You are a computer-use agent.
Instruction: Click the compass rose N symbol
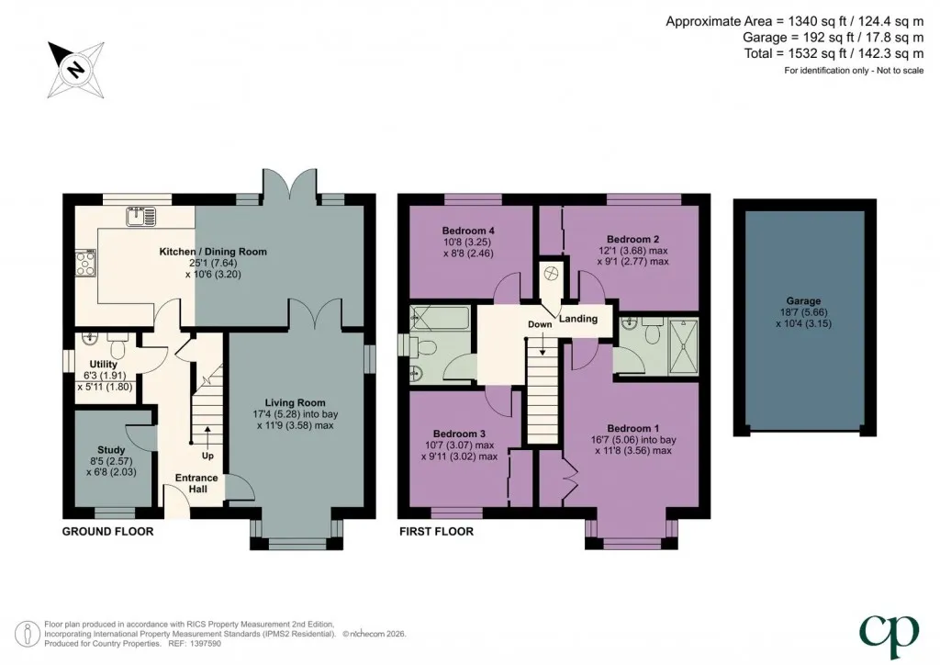(76, 70)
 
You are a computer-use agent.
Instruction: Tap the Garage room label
(803, 301)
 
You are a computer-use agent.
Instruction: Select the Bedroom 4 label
(468, 231)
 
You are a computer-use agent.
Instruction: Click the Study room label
(111, 450)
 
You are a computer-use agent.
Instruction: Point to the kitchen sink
(140, 217)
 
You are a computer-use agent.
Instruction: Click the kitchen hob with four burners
(85, 263)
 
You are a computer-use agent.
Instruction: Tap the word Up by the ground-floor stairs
(207, 456)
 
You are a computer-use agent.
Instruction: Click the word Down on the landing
(540, 324)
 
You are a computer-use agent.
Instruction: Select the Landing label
(578, 319)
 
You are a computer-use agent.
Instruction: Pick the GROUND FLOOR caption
(108, 531)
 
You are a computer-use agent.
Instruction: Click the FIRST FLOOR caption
(436, 531)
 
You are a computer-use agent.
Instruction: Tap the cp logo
(889, 636)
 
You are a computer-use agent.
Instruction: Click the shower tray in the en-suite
(684, 346)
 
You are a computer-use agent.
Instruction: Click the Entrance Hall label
(196, 483)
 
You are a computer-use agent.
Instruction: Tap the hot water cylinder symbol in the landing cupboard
(551, 274)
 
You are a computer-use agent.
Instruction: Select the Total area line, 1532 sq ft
(834, 53)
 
